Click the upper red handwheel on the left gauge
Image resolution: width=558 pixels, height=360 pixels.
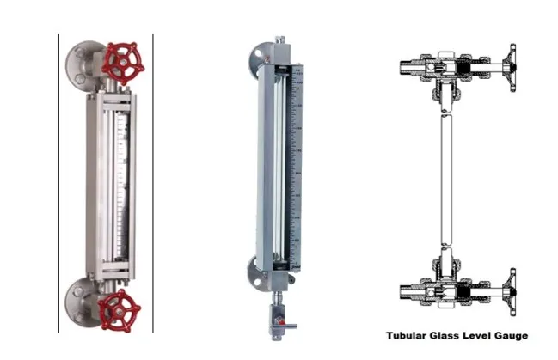(125, 64)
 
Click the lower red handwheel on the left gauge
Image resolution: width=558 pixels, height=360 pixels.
(120, 311)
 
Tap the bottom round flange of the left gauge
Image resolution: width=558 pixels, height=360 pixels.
(79, 302)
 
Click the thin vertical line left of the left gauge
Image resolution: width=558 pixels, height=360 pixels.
(58, 183)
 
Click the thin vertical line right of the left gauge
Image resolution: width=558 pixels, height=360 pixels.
(153, 183)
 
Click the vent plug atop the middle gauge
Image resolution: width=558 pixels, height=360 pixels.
(280, 40)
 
